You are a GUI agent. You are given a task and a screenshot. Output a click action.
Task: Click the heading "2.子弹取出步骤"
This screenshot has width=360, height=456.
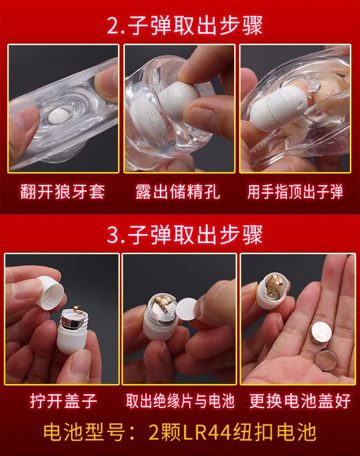pyautogui.click(x=185, y=25)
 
